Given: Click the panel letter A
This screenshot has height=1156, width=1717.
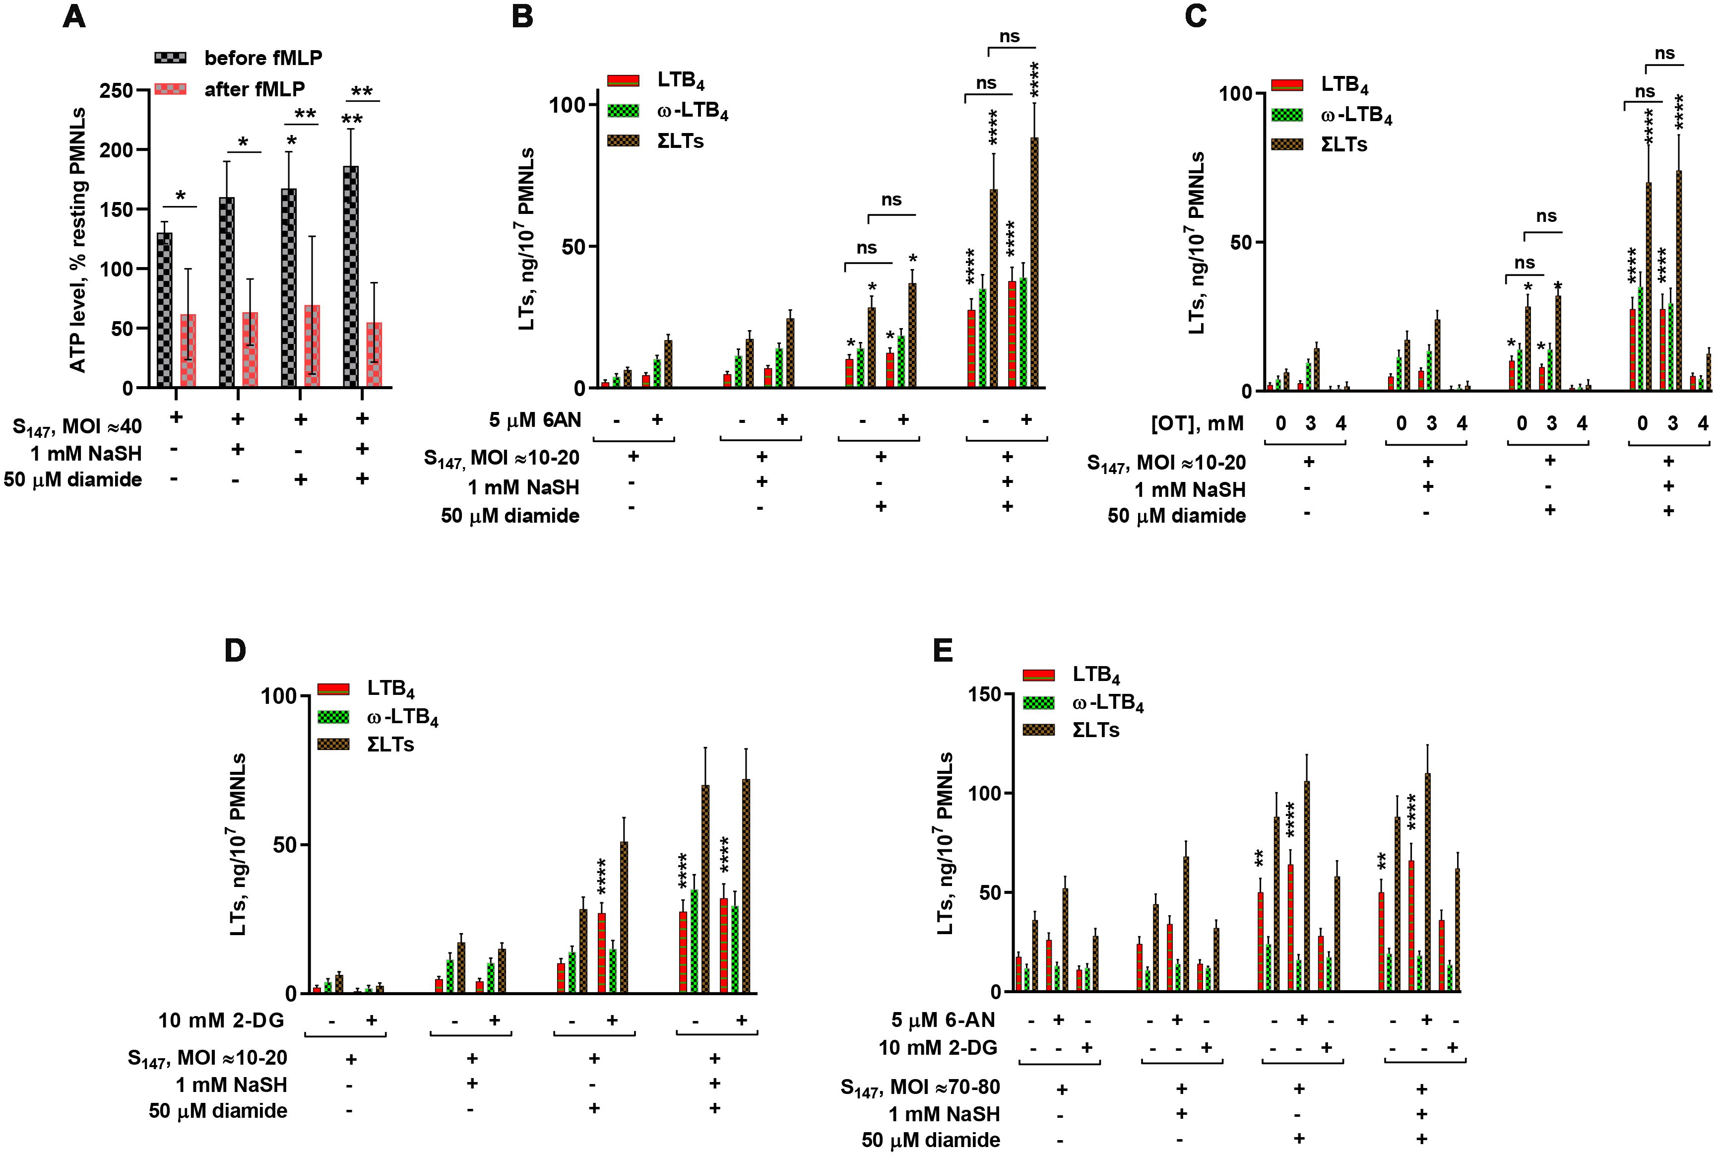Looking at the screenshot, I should (74, 16).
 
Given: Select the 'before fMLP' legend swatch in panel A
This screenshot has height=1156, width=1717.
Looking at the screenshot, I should (170, 58).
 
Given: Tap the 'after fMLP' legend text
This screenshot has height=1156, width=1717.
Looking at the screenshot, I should (254, 89).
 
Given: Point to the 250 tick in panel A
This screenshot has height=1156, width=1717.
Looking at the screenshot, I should (116, 91).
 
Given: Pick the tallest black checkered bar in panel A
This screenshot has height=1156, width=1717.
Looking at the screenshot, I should (351, 276).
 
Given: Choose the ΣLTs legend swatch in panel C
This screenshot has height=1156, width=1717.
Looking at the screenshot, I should (1287, 144).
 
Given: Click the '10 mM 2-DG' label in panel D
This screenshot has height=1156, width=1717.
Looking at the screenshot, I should (221, 1020).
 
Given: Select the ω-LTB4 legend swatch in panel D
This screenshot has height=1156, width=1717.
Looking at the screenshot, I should (333, 717).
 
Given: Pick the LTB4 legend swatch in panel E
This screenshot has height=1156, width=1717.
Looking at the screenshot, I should (1038, 675).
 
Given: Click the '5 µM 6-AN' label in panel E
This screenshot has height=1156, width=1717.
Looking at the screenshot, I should (943, 1020).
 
